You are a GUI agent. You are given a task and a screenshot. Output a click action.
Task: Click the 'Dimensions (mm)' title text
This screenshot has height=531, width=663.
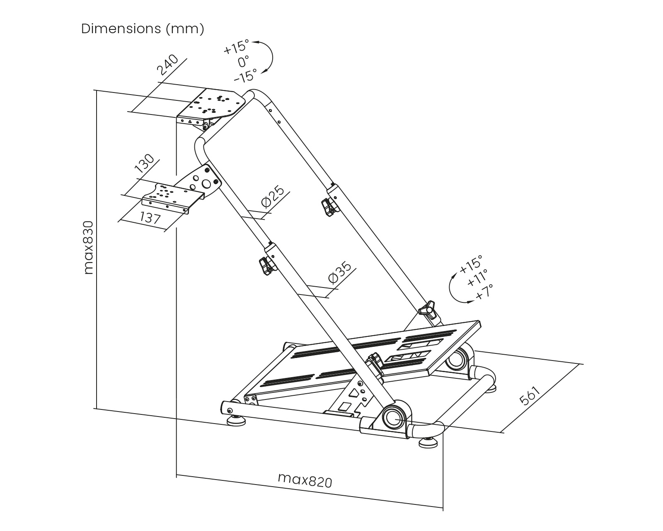point(143,29)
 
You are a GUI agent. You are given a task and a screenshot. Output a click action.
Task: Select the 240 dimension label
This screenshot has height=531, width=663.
point(168,64)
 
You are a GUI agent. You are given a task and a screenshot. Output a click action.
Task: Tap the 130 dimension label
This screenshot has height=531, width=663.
point(144,163)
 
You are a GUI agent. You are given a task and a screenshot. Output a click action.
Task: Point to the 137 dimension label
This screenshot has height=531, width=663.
point(150,218)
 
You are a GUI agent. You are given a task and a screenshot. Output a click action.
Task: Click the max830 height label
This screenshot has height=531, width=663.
point(89,247)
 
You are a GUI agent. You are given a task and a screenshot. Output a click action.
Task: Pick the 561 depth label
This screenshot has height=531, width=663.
point(530,396)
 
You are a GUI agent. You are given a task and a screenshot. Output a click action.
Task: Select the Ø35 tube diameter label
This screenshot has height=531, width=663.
point(339,273)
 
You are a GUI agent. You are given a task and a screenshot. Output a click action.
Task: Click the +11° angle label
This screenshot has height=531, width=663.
point(477,278)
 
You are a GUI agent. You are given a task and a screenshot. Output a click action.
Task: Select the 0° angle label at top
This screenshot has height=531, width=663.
point(243,62)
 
